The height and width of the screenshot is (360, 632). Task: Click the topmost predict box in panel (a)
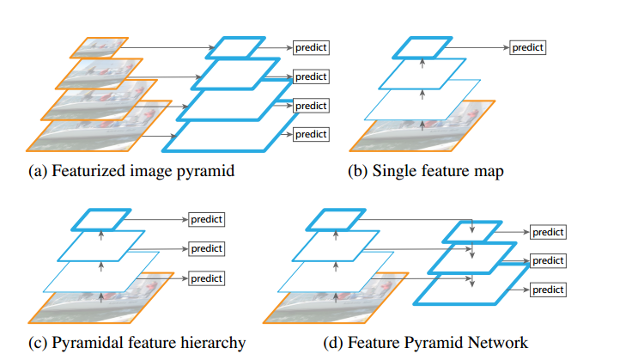point(312,47)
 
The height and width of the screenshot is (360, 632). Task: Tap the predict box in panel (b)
point(528,47)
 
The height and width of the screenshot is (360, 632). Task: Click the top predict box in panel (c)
point(206,219)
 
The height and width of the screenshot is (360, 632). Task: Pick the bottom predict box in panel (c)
point(206,278)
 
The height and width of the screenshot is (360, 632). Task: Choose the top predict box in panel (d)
point(547,233)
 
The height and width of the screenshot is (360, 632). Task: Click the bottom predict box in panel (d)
point(547,290)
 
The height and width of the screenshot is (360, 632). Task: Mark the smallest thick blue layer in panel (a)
point(233,47)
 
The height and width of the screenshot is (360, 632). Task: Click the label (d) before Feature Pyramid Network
point(334,343)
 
